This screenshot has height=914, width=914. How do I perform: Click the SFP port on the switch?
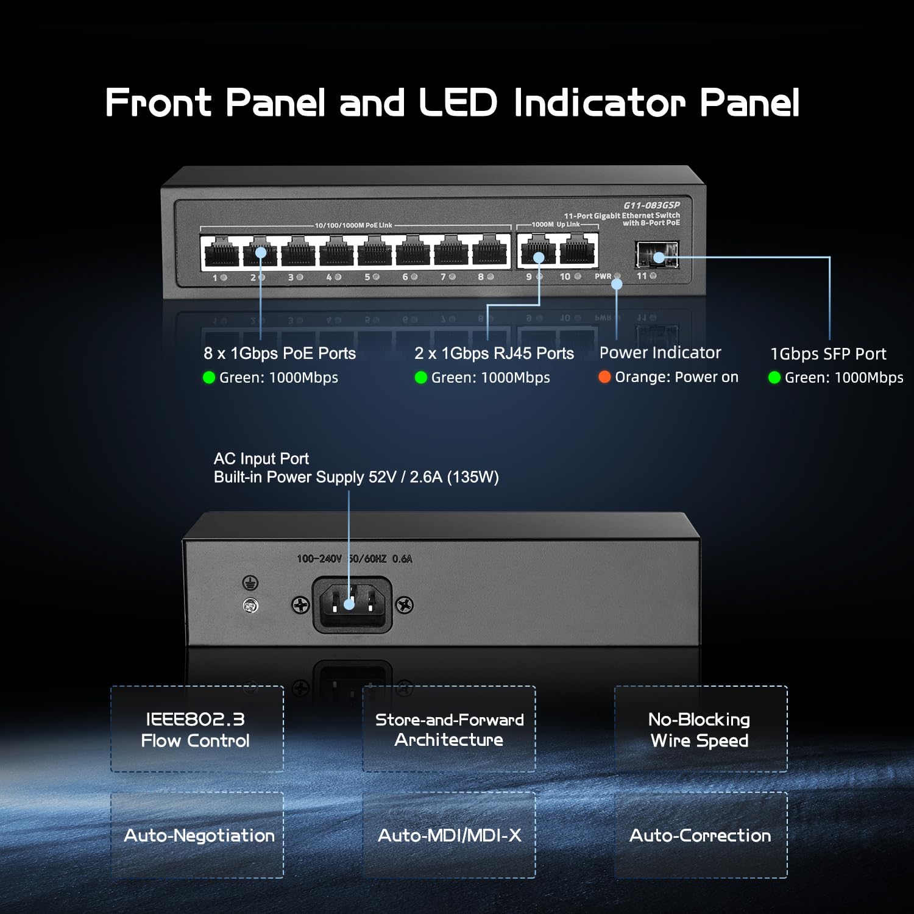[x=657, y=254]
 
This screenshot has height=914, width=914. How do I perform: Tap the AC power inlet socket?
[x=350, y=604]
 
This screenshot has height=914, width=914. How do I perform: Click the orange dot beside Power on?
[x=604, y=377]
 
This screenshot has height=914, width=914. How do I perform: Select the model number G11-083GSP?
[x=651, y=205]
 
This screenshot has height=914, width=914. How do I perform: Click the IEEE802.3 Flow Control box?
[x=197, y=729]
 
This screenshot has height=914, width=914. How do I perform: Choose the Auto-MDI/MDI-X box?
[x=449, y=835]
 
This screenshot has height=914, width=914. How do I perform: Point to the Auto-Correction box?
[x=701, y=835]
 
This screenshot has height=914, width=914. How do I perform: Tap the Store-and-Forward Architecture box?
[x=449, y=729]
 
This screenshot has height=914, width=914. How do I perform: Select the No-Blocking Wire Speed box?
[x=701, y=729]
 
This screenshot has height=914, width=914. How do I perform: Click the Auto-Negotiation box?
[x=197, y=835]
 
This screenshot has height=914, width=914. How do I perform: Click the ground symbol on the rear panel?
[x=250, y=583]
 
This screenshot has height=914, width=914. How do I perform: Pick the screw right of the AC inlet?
[x=405, y=605]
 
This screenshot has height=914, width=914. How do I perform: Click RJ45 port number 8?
[x=490, y=252]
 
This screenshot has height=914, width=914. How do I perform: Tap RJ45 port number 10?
[x=577, y=250]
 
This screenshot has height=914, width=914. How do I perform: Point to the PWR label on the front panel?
[x=603, y=277]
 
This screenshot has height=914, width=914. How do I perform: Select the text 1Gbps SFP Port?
[x=828, y=354]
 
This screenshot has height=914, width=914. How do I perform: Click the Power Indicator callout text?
[x=660, y=353]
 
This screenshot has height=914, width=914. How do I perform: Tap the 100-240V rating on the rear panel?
[x=319, y=559]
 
